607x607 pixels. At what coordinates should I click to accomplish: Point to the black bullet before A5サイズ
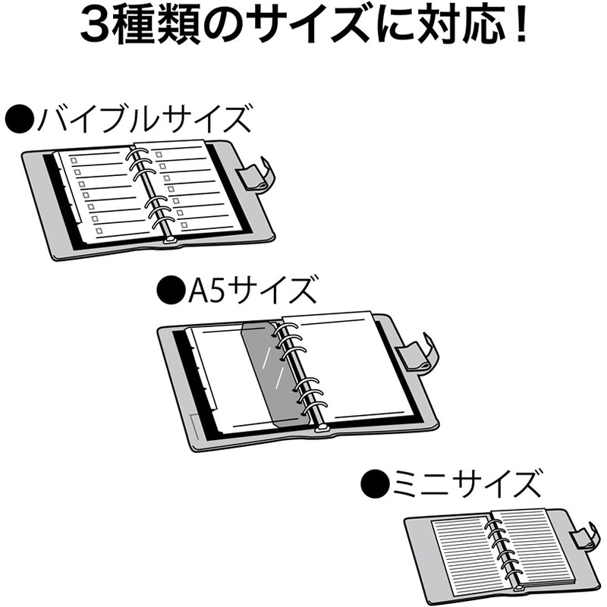pos(168,289)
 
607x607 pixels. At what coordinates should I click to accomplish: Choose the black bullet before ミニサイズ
pos(373,483)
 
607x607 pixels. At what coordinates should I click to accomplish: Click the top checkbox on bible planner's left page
pos(74,160)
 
